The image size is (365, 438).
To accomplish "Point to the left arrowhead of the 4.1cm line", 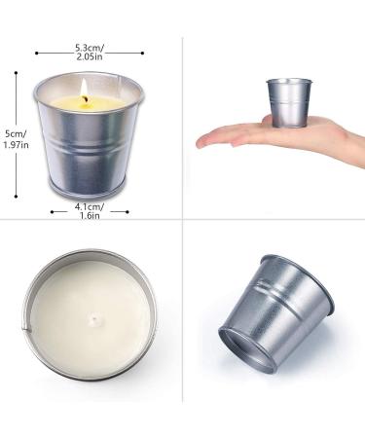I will [x=52, y=206].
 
